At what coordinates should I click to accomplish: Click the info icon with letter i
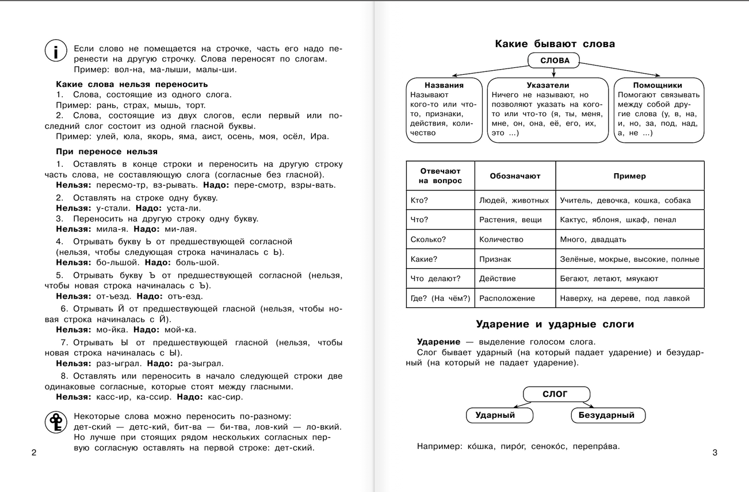pyautogui.click(x=56, y=52)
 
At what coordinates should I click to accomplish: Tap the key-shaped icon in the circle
pyautogui.click(x=56, y=423)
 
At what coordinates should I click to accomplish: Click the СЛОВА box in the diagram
pyautogui.click(x=555, y=60)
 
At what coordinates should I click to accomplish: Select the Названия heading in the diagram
pyautogui.click(x=444, y=85)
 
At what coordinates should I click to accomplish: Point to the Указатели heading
pyautogui.click(x=548, y=85)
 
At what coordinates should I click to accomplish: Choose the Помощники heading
pyautogui.click(x=659, y=85)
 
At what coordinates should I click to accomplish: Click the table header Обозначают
pyautogui.click(x=515, y=176)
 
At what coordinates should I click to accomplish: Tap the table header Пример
pyautogui.click(x=629, y=176)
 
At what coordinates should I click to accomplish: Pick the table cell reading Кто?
pyautogui.click(x=419, y=200)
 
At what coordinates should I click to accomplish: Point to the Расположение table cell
pyautogui.click(x=507, y=298)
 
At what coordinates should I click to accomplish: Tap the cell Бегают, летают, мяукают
pyautogui.click(x=609, y=279)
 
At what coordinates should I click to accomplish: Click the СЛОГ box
pyautogui.click(x=555, y=394)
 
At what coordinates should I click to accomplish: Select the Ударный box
pyautogui.click(x=495, y=415)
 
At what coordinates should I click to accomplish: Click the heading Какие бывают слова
pyautogui.click(x=555, y=44)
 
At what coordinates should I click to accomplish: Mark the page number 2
pyautogui.click(x=33, y=453)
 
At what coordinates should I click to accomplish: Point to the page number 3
pyautogui.click(x=715, y=453)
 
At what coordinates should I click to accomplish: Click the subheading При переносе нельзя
pyautogui.click(x=106, y=151)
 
